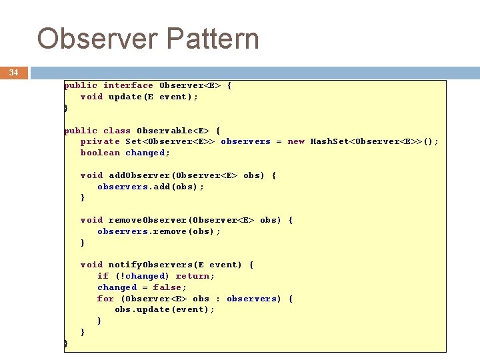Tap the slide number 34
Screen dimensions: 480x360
13,73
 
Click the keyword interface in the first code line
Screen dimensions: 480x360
128,85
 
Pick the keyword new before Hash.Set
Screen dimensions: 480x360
296,141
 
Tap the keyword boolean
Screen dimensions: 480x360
100,153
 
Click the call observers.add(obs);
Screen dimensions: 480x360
151,187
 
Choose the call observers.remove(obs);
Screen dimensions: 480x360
159,231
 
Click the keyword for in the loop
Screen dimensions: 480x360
105,299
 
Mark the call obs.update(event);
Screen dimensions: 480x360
165,309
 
